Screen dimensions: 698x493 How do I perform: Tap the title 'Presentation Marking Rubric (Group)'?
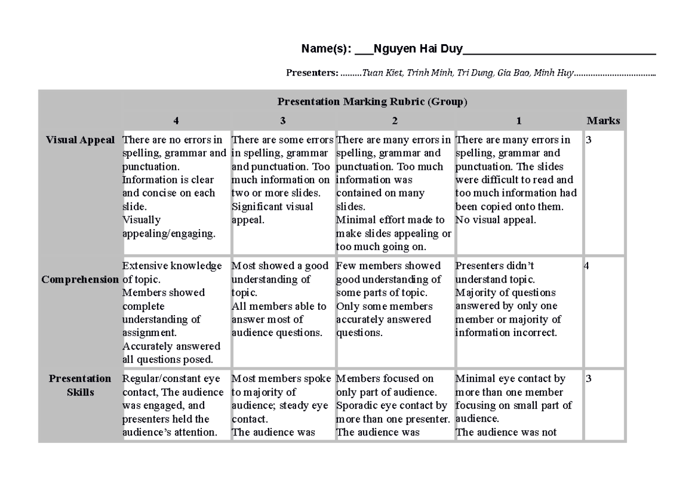(x=372, y=102)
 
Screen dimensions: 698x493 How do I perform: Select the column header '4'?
(x=176, y=121)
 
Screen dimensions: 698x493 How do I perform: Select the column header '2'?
(x=395, y=121)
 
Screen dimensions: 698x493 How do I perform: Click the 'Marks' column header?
(x=603, y=121)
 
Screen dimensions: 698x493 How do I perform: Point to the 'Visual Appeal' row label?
(x=80, y=140)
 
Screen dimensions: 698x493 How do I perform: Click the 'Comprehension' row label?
(x=80, y=280)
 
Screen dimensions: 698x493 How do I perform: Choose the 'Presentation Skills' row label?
(x=80, y=385)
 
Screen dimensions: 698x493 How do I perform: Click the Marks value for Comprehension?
(x=587, y=266)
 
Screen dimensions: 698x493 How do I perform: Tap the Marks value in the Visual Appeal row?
(x=589, y=140)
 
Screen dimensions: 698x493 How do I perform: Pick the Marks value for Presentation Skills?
(x=589, y=379)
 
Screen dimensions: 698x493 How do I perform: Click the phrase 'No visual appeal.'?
(x=496, y=220)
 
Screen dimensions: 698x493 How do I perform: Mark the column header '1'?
(x=519, y=121)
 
